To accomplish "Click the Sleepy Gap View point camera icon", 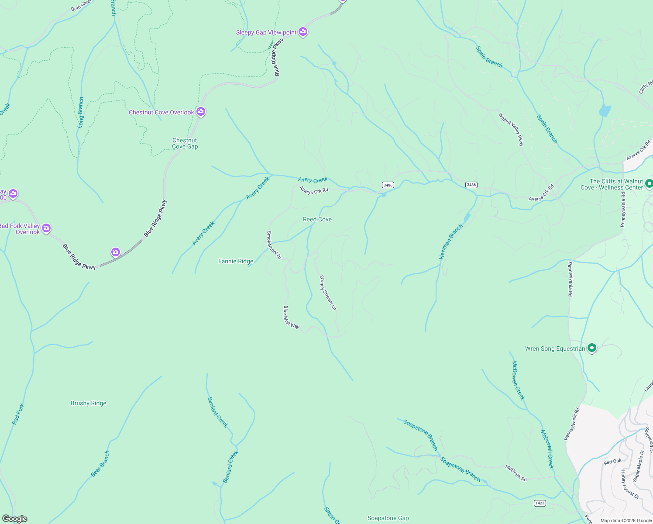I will point(303,32).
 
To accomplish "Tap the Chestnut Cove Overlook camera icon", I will point(201,112).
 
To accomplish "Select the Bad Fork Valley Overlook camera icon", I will point(46,228).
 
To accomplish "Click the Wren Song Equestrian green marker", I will point(592,348).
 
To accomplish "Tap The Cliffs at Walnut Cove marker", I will point(649,184).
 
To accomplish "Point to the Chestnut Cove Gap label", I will point(185,144).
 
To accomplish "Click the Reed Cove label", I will point(317,219).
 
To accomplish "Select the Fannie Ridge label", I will point(236,261).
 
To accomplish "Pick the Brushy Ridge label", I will point(89,403).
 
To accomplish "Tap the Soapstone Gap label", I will point(388,518).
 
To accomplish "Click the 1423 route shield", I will point(540,503).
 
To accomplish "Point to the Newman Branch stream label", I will point(451,242).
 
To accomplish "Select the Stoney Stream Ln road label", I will point(328,293).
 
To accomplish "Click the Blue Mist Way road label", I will point(291,317).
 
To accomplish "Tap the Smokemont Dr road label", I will point(274,245).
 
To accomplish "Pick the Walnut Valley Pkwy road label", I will point(511,129).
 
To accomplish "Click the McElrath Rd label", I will point(516,473).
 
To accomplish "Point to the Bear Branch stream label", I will point(100,464).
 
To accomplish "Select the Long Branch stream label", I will point(81,112).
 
